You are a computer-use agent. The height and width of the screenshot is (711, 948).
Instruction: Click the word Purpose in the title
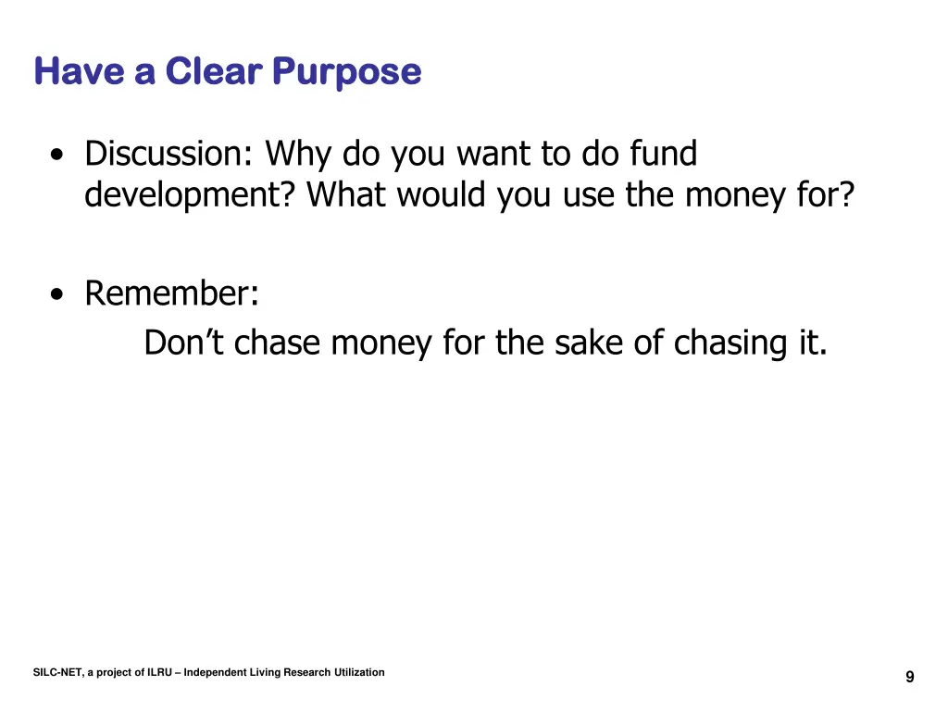(x=347, y=72)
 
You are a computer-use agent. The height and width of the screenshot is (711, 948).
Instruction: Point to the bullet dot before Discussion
(x=58, y=156)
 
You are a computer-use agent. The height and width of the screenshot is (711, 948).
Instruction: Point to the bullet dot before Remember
(x=58, y=296)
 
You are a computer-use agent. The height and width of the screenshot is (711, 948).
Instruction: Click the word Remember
(x=170, y=293)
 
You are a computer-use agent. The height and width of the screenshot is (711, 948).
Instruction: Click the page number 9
(x=909, y=678)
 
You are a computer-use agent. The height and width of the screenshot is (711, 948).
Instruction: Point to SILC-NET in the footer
(x=57, y=673)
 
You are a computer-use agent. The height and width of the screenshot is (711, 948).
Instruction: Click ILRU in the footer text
(x=159, y=673)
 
